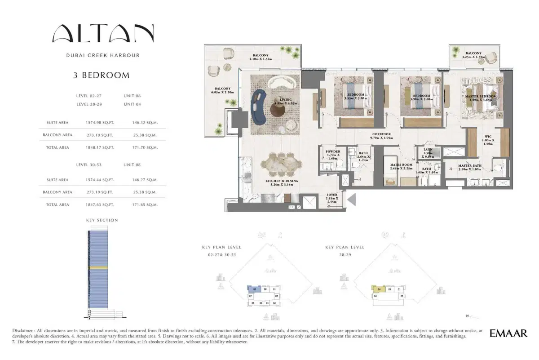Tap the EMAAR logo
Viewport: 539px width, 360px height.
508,333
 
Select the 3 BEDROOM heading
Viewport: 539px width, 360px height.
102,76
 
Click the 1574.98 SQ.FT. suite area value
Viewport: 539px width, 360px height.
99,122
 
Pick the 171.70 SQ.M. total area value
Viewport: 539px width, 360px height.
145,147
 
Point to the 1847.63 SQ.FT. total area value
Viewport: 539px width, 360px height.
99,204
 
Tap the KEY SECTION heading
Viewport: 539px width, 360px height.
102,220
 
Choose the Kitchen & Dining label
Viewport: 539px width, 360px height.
282,183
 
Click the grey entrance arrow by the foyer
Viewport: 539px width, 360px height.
352,199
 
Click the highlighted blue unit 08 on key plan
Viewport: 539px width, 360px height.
254,289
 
